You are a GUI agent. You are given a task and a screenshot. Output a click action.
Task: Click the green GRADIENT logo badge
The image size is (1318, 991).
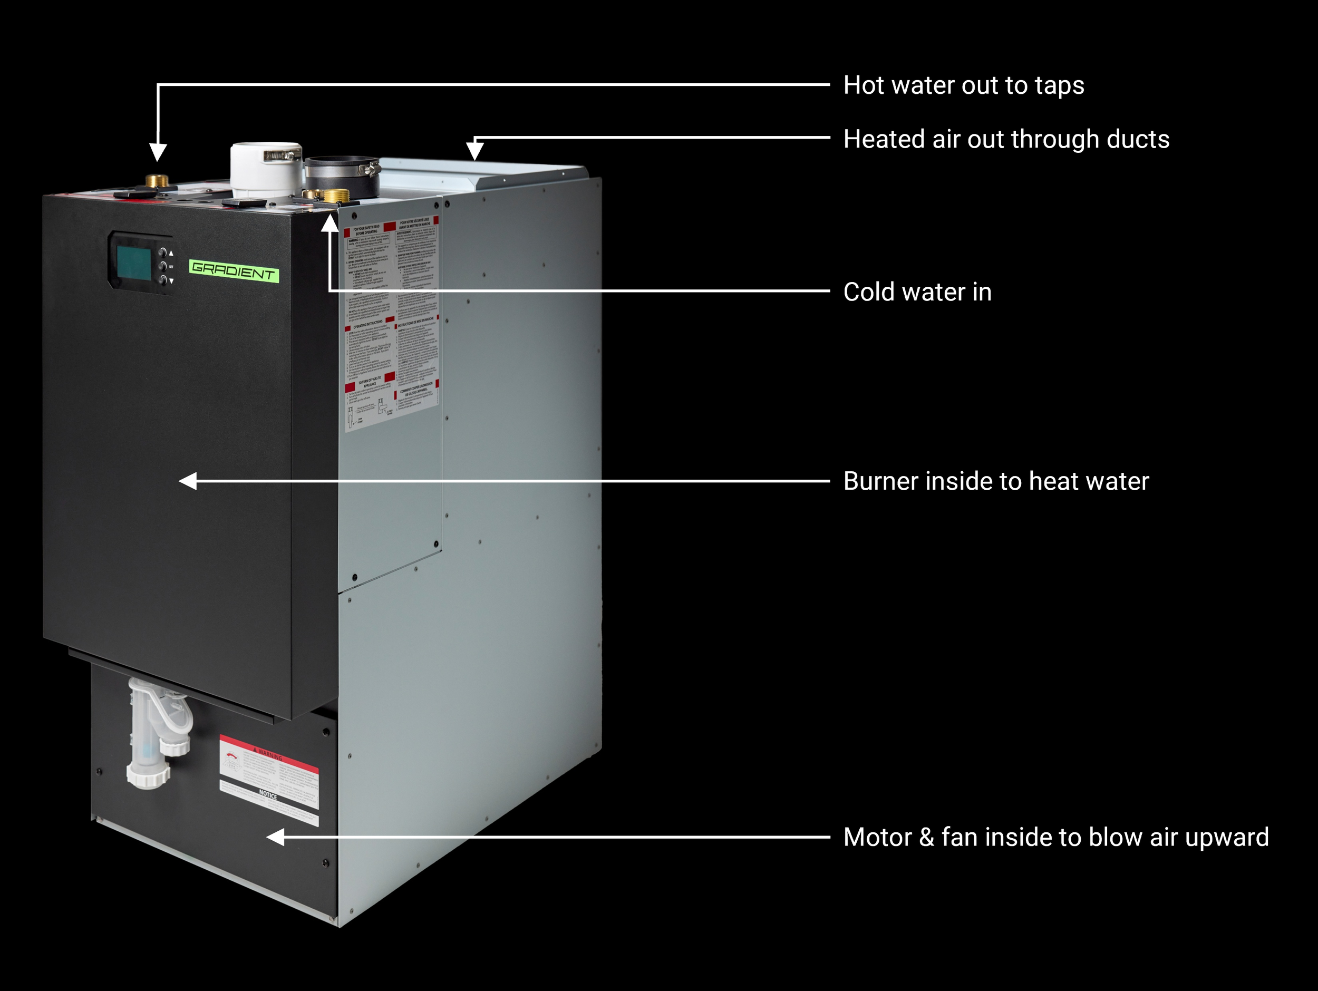click(234, 271)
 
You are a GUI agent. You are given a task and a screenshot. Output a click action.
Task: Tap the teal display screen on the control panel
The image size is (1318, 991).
click(134, 263)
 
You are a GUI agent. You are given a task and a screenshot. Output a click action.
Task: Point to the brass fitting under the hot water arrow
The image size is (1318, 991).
click(157, 180)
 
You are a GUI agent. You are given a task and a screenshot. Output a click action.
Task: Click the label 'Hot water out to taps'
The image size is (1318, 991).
click(964, 85)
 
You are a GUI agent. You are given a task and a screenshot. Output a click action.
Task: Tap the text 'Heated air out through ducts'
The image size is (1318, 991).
click(1006, 140)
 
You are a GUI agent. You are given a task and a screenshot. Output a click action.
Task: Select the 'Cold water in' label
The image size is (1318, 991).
click(917, 292)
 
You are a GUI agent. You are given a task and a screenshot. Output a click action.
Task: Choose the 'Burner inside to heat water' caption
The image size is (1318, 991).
click(996, 481)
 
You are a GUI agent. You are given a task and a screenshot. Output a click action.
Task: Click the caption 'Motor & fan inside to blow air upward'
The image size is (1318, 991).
click(1056, 837)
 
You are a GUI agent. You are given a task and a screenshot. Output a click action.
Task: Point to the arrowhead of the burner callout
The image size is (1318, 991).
click(188, 481)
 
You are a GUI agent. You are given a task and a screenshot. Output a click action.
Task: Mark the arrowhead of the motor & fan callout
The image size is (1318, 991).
click(275, 837)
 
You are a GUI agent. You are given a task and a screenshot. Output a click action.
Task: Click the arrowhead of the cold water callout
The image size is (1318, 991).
click(329, 224)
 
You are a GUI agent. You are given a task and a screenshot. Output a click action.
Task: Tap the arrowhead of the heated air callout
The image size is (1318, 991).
click(474, 151)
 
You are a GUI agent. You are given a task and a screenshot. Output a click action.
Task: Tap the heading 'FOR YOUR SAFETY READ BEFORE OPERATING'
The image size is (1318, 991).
click(366, 230)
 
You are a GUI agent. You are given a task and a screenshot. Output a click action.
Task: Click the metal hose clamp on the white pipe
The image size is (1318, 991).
click(280, 156)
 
